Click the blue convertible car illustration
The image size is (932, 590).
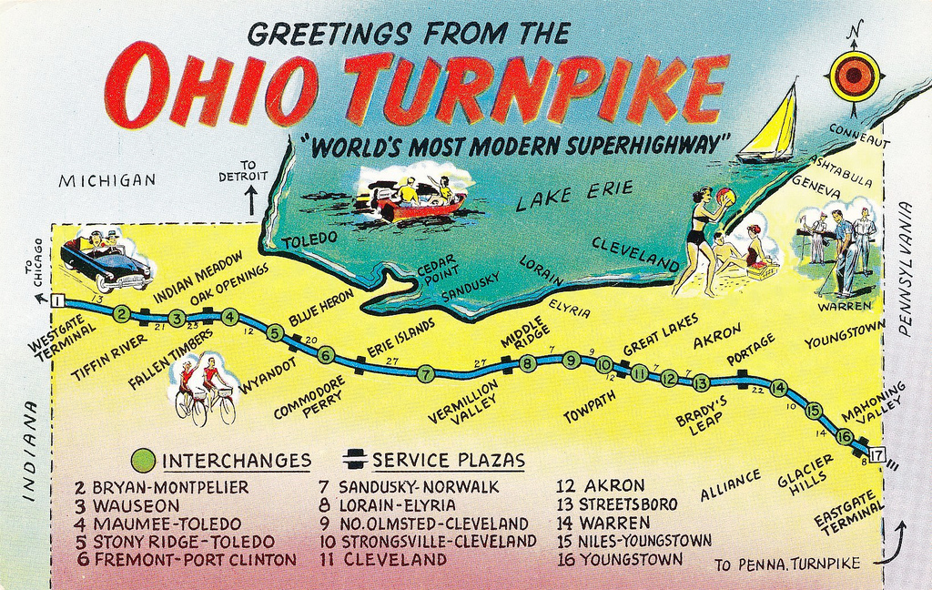pos(107,262)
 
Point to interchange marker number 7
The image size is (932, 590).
pos(425,372)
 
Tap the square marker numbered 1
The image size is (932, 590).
pos(57,300)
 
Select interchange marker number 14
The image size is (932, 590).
pos(778,388)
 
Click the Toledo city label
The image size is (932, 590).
pos(309,239)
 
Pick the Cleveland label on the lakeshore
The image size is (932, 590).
pos(635,251)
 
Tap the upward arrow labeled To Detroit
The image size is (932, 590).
pos(250,200)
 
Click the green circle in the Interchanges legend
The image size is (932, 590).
pos(143,460)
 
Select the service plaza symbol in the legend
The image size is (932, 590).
pos(355,460)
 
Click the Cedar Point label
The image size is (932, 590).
pos(431,270)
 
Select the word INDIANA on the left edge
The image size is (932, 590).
pos(28,450)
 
